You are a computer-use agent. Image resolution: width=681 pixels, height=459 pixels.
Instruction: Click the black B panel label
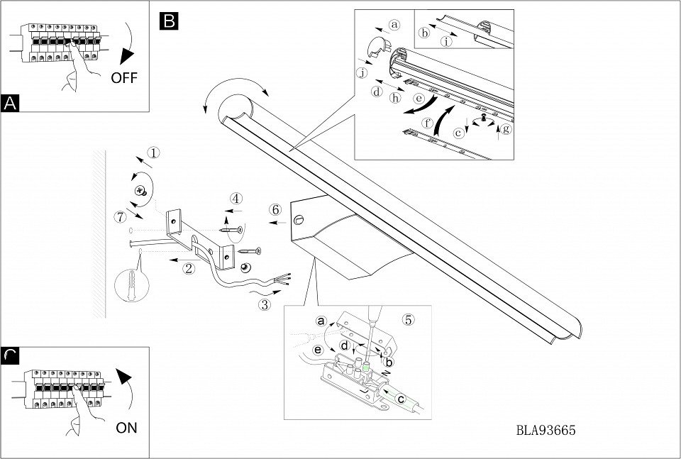170,21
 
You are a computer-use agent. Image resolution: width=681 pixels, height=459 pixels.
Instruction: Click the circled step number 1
153,153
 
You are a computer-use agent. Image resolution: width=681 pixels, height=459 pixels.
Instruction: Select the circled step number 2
189,268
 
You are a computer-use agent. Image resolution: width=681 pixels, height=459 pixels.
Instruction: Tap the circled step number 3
265,306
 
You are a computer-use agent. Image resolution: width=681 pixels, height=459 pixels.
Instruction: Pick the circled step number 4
236,198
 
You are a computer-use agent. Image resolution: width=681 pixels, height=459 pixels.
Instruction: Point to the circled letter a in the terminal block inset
321,321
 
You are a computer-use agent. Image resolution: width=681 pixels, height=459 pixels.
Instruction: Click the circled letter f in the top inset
428,123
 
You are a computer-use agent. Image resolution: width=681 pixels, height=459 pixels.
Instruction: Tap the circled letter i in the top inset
445,41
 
